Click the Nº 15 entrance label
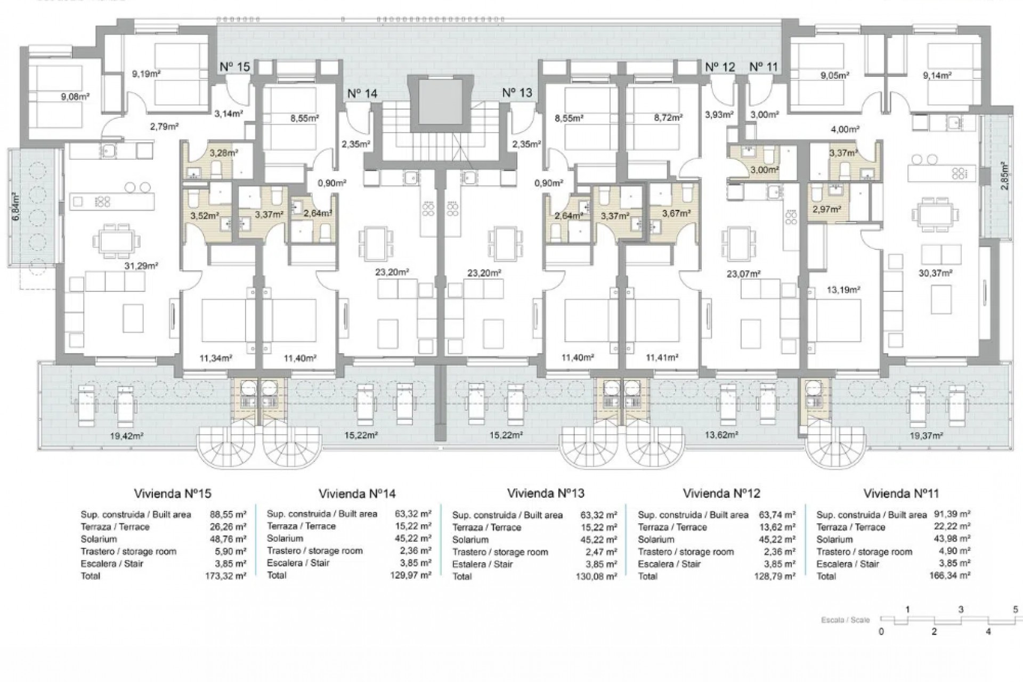click(235, 67)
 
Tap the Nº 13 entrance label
click(517, 93)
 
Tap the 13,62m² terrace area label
click(721, 435)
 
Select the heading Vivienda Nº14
click(357, 494)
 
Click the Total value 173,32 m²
click(225, 576)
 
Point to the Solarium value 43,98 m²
click(952, 539)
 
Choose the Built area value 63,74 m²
click(776, 515)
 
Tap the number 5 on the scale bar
click(1015, 610)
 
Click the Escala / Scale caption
click(845, 620)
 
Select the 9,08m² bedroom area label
click(74, 97)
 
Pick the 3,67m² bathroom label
click(676, 213)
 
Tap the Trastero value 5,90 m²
click(233, 551)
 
